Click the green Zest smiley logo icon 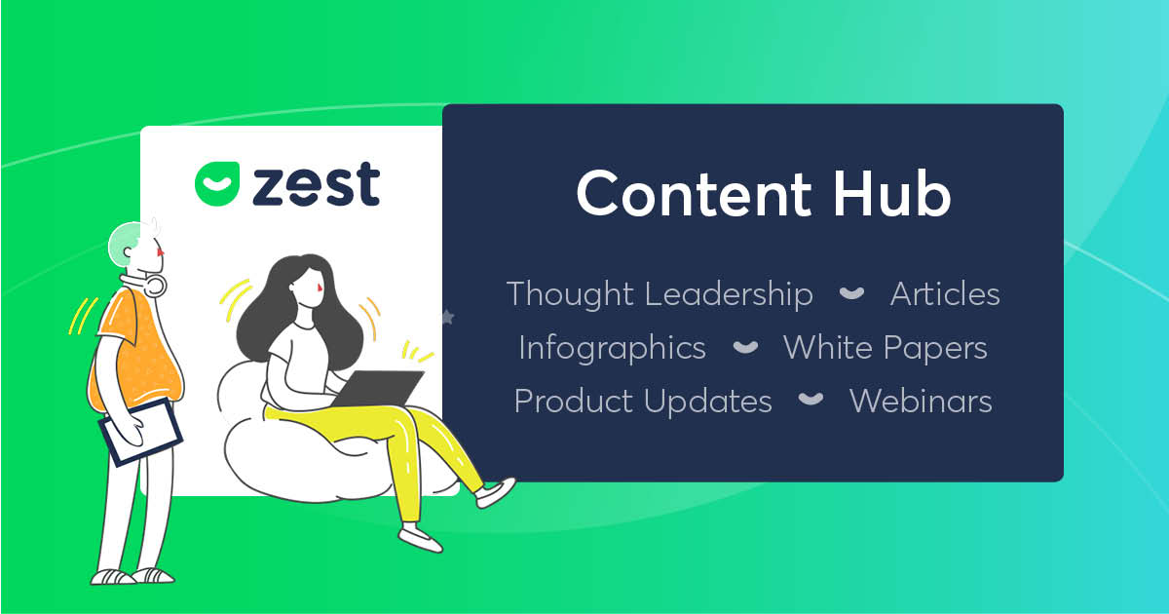tap(217, 183)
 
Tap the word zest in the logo tap(317, 184)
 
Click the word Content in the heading tap(694, 193)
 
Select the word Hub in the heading tap(892, 192)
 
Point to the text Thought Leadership tap(660, 294)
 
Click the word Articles tap(945, 294)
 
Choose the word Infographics tap(612, 348)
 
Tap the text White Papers tap(886, 348)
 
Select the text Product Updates tap(643, 402)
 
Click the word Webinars tap(922, 401)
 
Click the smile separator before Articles tap(851, 293)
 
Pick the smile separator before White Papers tap(746, 347)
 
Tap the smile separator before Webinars tap(811, 400)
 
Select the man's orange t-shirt tap(136, 350)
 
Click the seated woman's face tap(309, 288)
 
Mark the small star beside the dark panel tap(448, 317)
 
